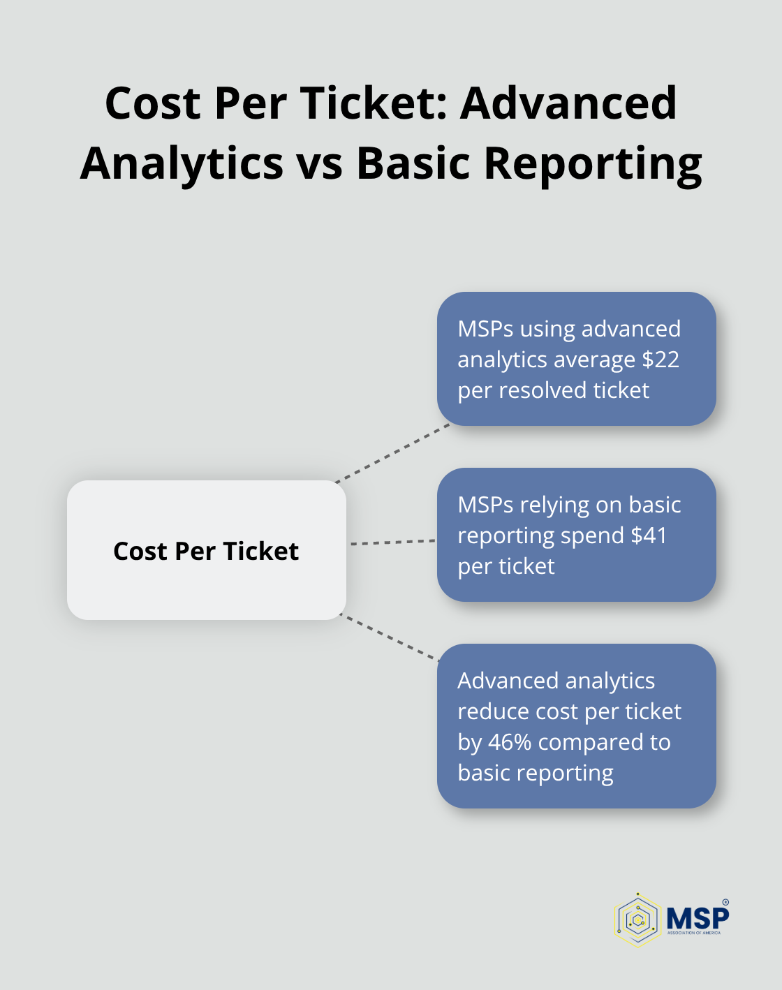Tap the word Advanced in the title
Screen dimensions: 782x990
tap(568, 103)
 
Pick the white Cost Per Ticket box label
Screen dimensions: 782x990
tap(206, 551)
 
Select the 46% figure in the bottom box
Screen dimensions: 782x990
tap(510, 742)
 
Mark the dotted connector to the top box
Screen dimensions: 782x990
tap(392, 453)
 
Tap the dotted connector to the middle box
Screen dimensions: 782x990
tap(393, 542)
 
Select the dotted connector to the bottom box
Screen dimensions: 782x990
tap(390, 637)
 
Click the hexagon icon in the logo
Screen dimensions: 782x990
tap(637, 920)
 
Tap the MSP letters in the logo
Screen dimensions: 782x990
tap(698, 919)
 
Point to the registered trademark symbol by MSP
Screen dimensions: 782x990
tap(725, 902)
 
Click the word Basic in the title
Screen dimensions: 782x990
tap(413, 163)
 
